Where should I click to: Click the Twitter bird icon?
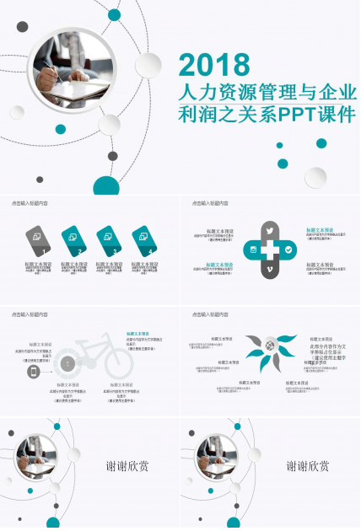(270, 230)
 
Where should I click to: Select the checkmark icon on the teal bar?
(288, 250)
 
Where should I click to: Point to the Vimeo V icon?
(270, 270)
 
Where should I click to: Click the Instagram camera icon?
(251, 250)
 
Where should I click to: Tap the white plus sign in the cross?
(270, 250)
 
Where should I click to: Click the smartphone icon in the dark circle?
(34, 372)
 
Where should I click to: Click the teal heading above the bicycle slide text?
(138, 333)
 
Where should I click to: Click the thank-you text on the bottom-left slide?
(127, 466)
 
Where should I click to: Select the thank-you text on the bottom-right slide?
(307, 466)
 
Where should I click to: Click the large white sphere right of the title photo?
(148, 64)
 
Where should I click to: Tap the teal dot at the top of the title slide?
(114, 13)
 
